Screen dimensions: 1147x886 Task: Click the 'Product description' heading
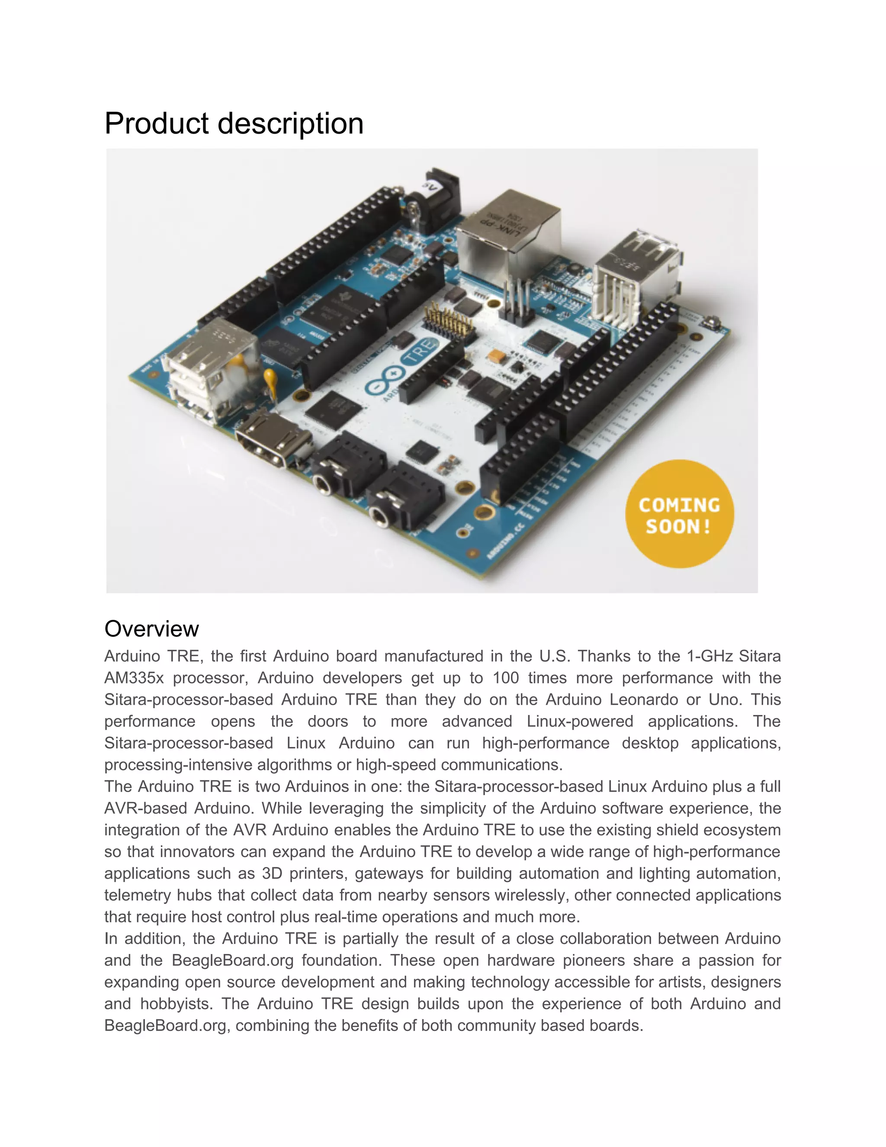pos(234,123)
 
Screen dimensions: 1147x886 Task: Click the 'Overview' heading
pos(152,628)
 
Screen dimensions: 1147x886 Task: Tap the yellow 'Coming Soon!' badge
pos(679,515)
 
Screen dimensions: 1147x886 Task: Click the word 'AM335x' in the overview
pos(134,678)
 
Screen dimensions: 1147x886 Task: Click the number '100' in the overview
pos(505,678)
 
